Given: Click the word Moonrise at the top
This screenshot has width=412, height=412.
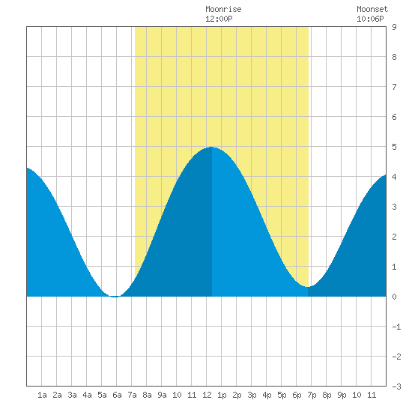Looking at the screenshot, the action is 223,9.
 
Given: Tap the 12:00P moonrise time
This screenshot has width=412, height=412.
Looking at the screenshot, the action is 219,19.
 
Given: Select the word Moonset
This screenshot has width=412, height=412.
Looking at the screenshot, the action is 372,9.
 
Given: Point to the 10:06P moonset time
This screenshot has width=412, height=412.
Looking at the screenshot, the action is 370,19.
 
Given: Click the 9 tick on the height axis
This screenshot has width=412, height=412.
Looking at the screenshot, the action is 394,27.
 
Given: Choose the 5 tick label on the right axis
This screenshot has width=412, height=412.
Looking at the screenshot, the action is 394,147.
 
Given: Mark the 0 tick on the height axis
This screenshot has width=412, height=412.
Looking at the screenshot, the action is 394,297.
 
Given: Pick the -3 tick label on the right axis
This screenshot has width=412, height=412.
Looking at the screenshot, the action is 396,387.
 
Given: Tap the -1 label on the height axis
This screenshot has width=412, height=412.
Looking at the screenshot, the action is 396,327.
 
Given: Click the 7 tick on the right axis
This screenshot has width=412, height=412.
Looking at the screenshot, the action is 394,87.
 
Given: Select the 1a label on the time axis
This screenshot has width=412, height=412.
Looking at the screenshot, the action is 42,395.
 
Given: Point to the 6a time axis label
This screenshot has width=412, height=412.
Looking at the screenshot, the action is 117,395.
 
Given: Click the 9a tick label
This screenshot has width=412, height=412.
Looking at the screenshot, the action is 162,395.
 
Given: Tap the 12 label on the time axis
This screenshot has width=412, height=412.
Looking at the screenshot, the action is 207,395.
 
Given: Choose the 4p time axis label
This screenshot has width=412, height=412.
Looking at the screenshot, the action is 267,395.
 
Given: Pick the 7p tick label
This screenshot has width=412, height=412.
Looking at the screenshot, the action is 312,395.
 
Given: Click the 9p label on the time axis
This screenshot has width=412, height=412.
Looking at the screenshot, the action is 342,395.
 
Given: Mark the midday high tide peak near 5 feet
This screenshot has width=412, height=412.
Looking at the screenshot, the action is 212,147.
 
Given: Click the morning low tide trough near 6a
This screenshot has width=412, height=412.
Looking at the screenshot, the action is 115,297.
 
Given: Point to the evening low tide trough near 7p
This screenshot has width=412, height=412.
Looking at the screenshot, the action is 308,287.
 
